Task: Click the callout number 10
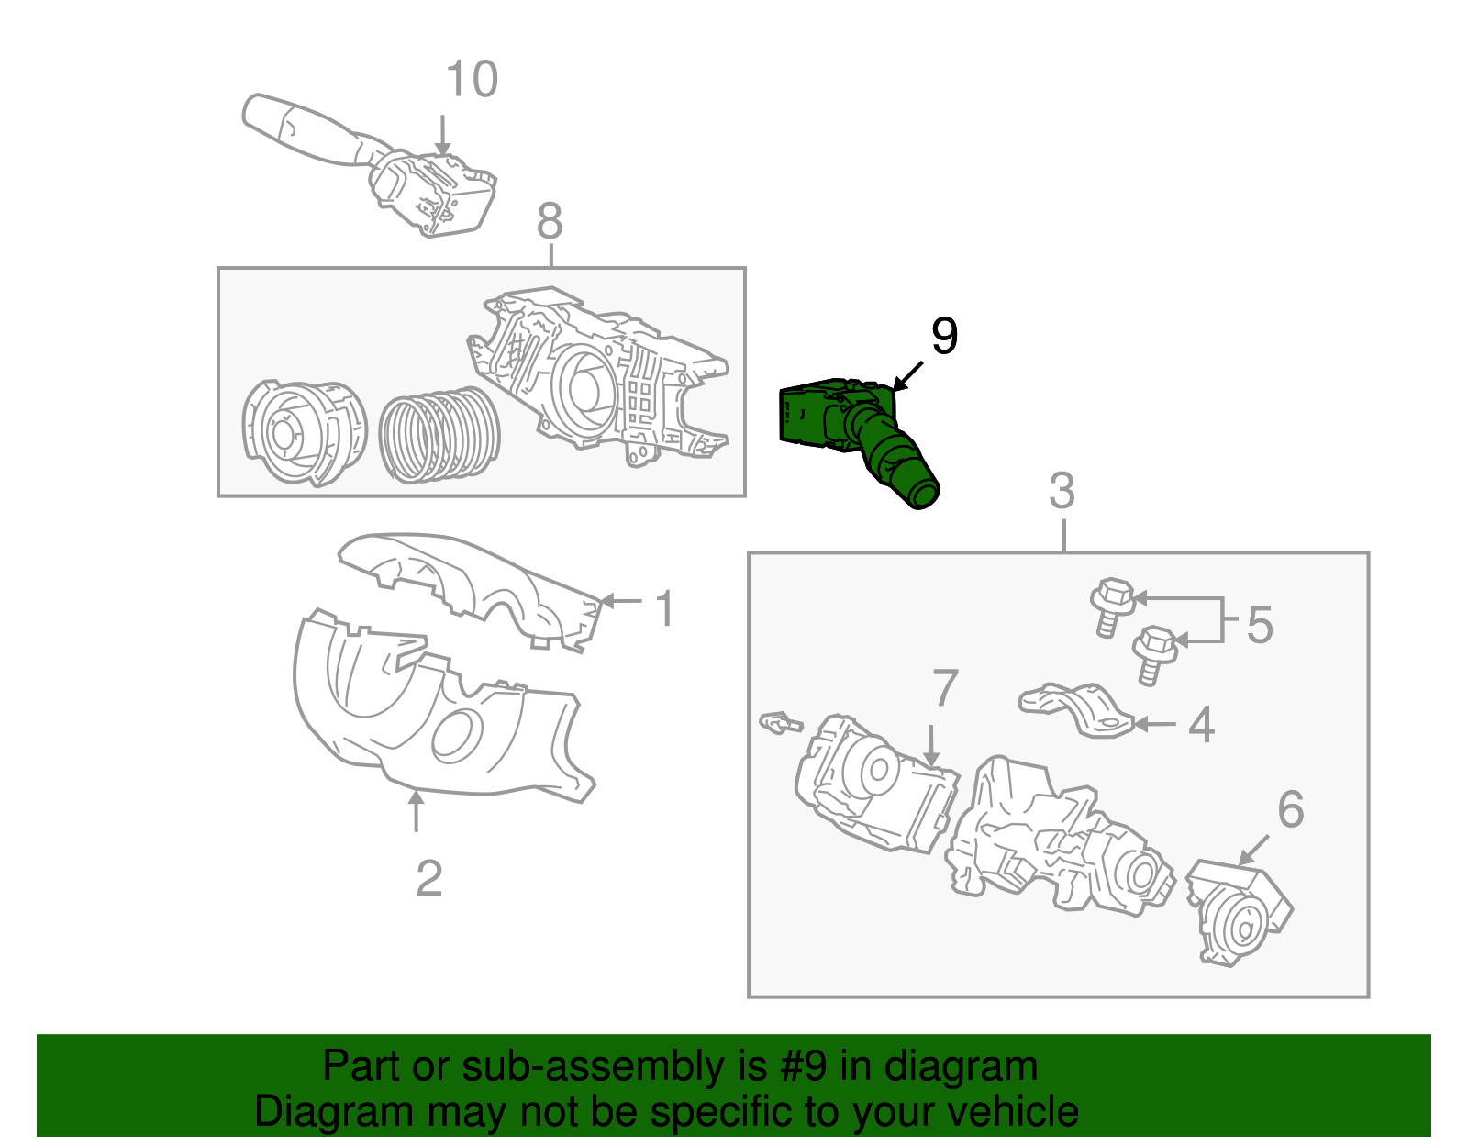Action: [x=472, y=80]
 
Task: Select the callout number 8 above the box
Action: [x=550, y=221]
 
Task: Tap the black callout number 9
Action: [x=944, y=336]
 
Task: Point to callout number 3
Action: [x=1062, y=492]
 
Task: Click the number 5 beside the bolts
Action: [x=1260, y=625]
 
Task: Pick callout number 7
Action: [x=945, y=688]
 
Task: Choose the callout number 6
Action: [x=1291, y=809]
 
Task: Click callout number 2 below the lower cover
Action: [x=429, y=879]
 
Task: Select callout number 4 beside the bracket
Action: [x=1201, y=725]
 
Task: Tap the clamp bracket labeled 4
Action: [x=1078, y=709]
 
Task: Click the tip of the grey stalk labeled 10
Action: [x=257, y=112]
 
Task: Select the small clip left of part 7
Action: [x=779, y=723]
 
